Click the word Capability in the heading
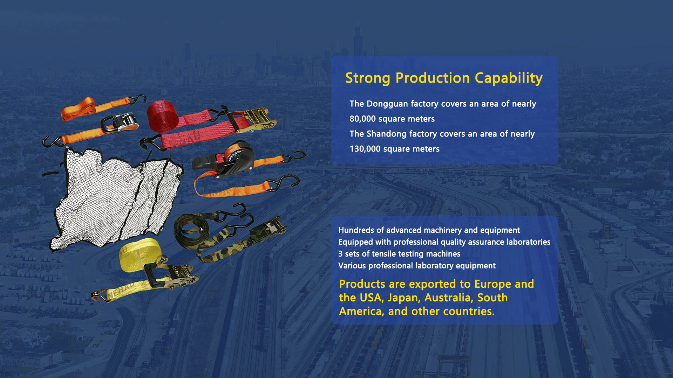coord(509,78)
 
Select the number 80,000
coord(362,119)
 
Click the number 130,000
coord(365,149)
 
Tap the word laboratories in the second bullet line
coord(529,242)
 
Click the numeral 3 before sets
coord(340,254)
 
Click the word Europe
coord(493,284)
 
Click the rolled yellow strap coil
coord(140,255)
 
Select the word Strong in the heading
coord(368,78)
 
